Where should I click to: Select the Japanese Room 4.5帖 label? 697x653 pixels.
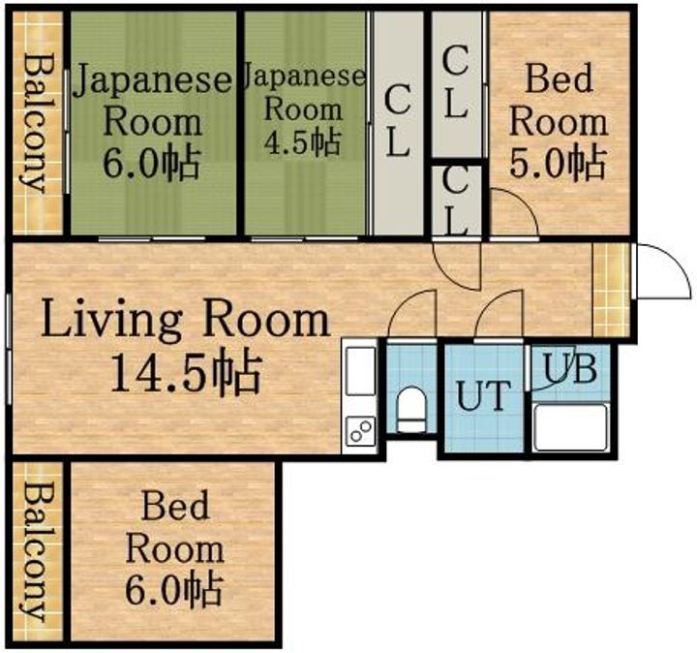click(x=304, y=109)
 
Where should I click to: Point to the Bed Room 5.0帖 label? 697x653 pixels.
click(x=559, y=121)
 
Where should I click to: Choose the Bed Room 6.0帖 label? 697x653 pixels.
click(x=175, y=547)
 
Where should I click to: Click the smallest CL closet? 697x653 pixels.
click(x=456, y=199)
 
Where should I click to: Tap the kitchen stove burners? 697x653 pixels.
click(x=360, y=429)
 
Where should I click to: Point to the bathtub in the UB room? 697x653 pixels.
click(x=570, y=427)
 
